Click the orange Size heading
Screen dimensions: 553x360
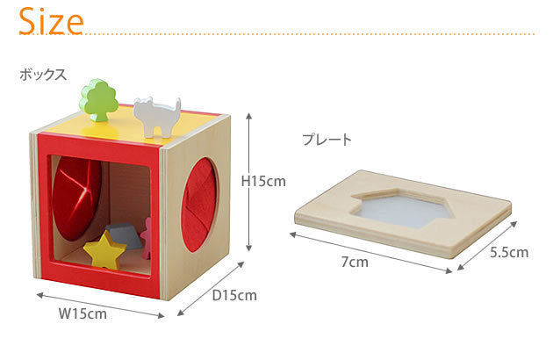pyautogui.click(x=51, y=22)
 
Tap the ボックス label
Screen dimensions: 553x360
pyautogui.click(x=43, y=75)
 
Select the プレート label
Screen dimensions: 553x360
pyautogui.click(x=327, y=140)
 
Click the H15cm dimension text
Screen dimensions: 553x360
pyautogui.click(x=263, y=182)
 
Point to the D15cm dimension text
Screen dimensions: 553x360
pyautogui.click(x=234, y=295)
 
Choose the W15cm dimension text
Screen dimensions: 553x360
pyautogui.click(x=83, y=313)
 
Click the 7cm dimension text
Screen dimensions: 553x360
pyautogui.click(x=355, y=262)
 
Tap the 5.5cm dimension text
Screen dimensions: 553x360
pyautogui.click(x=509, y=252)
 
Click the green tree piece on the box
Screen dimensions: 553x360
pyautogui.click(x=99, y=100)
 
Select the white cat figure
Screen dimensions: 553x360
pyautogui.click(x=157, y=116)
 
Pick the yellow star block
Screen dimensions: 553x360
pyautogui.click(x=104, y=249)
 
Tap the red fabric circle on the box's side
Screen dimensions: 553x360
pyautogui.click(x=199, y=205)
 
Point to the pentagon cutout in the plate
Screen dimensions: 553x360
pyautogui.click(x=402, y=209)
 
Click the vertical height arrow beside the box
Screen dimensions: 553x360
pyautogui.click(x=249, y=182)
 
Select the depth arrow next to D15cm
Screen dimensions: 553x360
pyautogui.click(x=211, y=289)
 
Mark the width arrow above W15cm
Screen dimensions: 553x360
pyautogui.click(x=101, y=306)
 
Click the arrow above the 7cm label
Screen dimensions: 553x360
pyautogui.click(x=370, y=252)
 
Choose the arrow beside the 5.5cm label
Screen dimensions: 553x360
pyautogui.click(x=487, y=246)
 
